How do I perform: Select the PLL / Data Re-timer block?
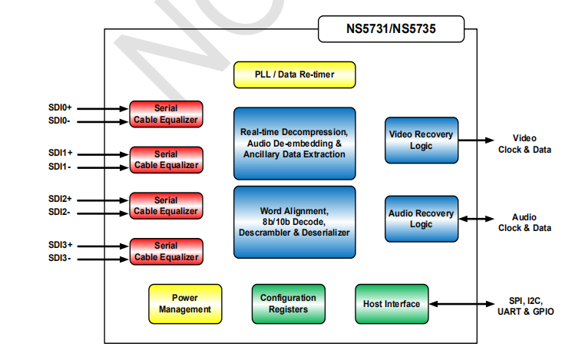click(x=295, y=74)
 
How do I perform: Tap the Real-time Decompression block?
click(x=295, y=144)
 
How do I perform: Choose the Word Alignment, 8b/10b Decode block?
click(x=295, y=221)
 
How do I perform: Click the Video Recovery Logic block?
click(x=421, y=140)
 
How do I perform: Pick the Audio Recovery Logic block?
click(x=421, y=219)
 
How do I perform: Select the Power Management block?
click(x=184, y=303)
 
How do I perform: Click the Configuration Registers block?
click(x=288, y=303)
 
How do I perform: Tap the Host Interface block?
click(x=392, y=303)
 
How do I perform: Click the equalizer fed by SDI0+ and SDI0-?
click(x=166, y=114)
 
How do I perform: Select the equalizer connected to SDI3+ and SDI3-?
click(x=166, y=251)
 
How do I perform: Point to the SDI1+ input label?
click(x=60, y=154)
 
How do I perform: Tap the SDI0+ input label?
click(x=60, y=108)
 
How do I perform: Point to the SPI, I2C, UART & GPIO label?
click(x=525, y=306)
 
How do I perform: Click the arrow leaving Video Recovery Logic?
click(x=476, y=140)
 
